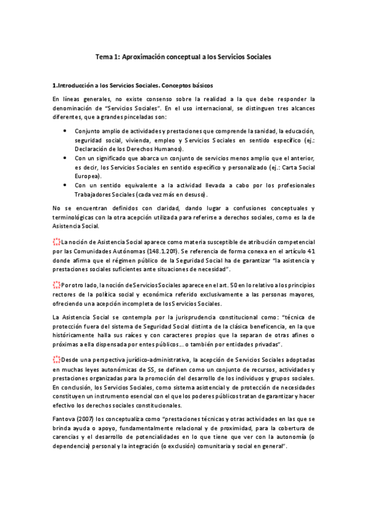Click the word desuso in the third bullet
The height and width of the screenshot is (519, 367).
pyautogui.click(x=195, y=195)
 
